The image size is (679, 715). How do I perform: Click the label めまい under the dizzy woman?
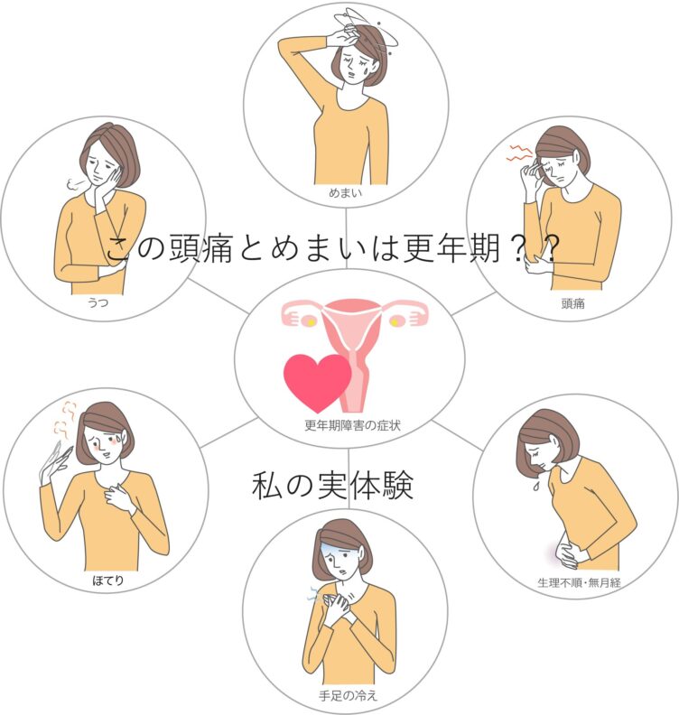click(345, 193)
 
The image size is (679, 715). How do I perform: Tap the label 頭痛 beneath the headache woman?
click(572, 303)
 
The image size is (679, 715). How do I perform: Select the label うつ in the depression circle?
click(98, 302)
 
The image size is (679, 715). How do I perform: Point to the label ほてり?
click(108, 580)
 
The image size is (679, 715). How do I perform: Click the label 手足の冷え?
click(348, 696)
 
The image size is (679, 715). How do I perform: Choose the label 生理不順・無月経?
click(579, 582)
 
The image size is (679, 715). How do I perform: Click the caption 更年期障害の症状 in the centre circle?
click(352, 425)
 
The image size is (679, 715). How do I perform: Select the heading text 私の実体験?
click(333, 485)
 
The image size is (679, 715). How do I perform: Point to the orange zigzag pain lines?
click(521, 153)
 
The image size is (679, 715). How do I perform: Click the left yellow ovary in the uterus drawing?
click(310, 322)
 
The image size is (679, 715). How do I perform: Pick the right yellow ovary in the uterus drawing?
click(395, 322)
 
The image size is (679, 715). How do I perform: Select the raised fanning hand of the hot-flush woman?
click(54, 464)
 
